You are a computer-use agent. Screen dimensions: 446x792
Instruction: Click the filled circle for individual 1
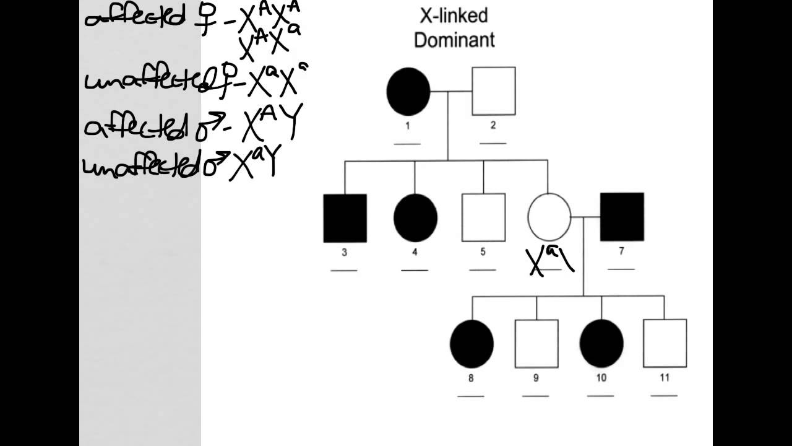coord(408,92)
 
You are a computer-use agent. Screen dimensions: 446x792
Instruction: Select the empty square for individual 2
coord(494,91)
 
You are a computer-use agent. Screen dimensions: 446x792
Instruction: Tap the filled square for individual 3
coord(345,218)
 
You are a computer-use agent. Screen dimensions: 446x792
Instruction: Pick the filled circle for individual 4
coord(415,218)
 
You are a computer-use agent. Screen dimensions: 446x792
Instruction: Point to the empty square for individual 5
coord(483,217)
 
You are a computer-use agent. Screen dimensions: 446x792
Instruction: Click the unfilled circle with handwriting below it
coord(549,217)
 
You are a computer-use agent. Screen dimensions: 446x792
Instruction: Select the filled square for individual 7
coord(622,217)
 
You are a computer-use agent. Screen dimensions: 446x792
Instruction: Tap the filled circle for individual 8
coord(471,344)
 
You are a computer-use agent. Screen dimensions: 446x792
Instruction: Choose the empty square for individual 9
coord(536,344)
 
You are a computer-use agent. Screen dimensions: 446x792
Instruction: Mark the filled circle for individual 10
coord(601,344)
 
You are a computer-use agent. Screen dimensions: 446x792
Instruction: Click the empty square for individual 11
coord(665,343)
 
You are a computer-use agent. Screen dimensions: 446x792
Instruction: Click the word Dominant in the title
coord(454,40)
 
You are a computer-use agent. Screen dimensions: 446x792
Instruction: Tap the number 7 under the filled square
coord(621,251)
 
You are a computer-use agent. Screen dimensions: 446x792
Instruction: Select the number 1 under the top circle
coord(408,126)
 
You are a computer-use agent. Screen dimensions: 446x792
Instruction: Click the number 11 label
coord(665,377)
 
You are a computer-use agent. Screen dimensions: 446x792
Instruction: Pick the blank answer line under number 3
coord(344,271)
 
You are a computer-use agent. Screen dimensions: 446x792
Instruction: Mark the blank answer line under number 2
coord(493,143)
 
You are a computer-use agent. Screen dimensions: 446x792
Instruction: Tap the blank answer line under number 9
coord(536,395)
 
